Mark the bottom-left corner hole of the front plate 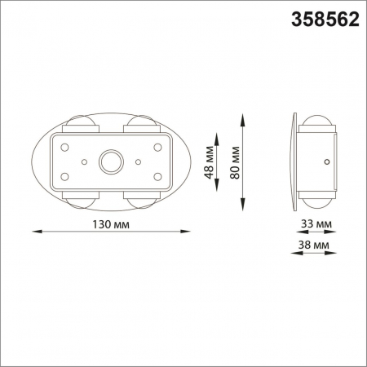63,177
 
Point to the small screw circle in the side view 326,162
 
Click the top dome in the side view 316,125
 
